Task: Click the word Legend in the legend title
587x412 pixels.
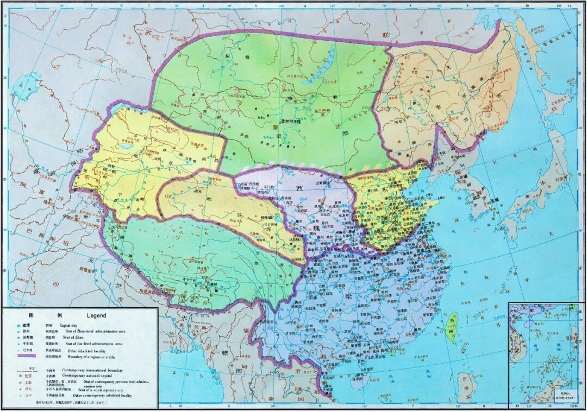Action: pyautogui.click(x=96, y=315)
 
